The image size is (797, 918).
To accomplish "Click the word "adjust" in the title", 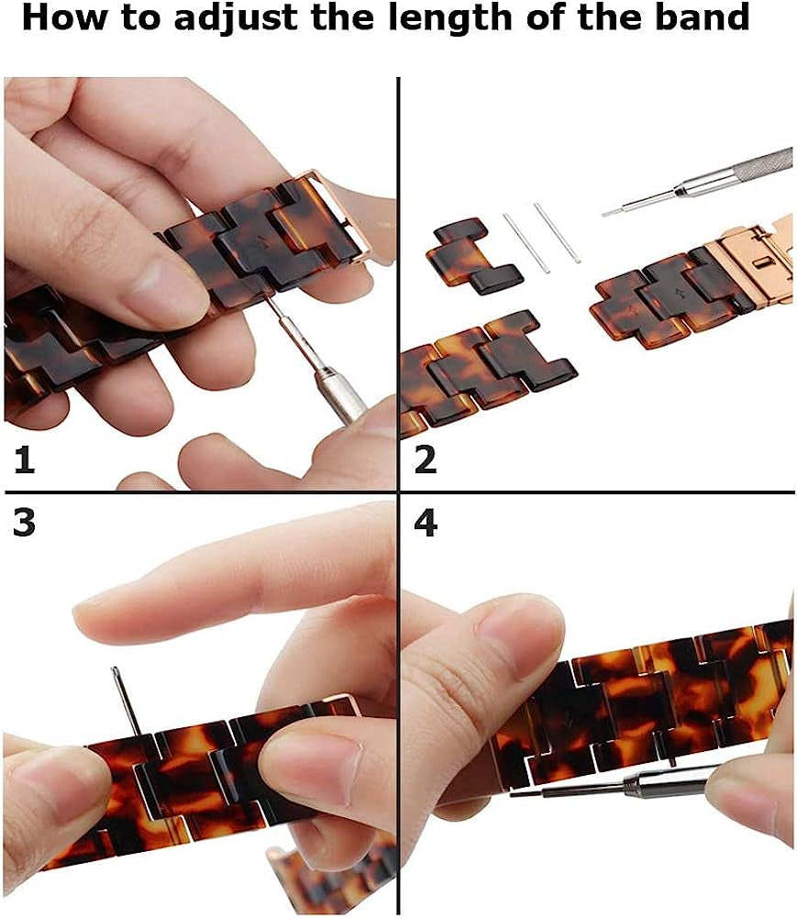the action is click(238, 18).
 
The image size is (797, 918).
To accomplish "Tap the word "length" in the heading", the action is click(448, 18).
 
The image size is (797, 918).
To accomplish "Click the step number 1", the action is click(24, 459).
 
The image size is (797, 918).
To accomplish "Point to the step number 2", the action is click(426, 459).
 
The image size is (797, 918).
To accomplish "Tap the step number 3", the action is click(24, 521).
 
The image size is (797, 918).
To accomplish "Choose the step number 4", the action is click(426, 523).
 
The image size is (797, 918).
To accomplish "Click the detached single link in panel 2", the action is click(474, 256).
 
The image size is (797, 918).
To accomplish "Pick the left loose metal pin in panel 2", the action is click(526, 243).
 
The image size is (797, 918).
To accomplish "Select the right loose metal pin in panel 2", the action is click(557, 232).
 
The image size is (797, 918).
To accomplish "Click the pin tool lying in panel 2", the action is click(697, 182).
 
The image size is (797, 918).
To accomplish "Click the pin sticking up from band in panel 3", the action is click(127, 701).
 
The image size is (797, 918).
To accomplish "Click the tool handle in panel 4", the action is click(670, 781).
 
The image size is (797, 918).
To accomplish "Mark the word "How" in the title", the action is click(64, 17).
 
